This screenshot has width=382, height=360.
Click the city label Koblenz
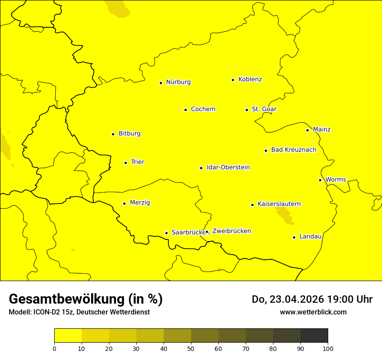[250, 79]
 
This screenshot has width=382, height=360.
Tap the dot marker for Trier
[125, 163]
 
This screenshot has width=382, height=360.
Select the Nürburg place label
[178, 82]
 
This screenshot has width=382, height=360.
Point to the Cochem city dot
[185, 110]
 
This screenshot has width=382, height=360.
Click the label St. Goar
[264, 109]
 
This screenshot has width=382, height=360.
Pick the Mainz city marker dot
[307, 130]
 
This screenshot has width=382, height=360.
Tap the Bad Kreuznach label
[293, 150]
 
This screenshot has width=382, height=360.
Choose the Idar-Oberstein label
[228, 167]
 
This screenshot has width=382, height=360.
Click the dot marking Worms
[320, 180]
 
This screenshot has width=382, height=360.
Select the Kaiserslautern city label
[279, 204]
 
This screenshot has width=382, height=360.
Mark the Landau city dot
[294, 237]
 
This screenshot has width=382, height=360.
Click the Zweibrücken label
[231, 231]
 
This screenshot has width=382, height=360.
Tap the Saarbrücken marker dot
[166, 233]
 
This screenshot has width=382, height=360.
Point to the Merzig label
[140, 203]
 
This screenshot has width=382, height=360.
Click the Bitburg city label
[129, 134]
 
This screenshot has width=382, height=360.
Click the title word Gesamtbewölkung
[67, 299]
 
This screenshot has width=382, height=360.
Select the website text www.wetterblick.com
[313, 312]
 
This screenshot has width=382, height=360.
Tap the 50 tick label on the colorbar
[191, 348]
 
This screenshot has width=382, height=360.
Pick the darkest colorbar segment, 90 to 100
[314, 336]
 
